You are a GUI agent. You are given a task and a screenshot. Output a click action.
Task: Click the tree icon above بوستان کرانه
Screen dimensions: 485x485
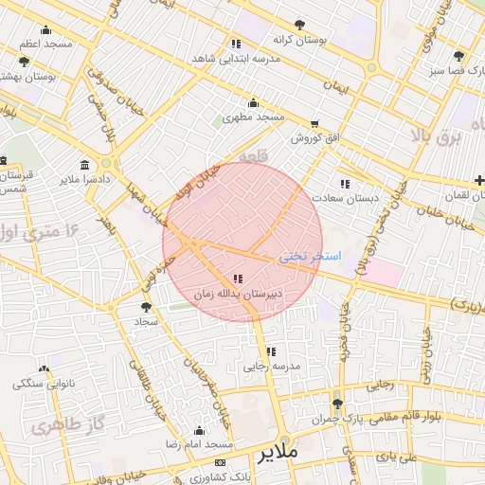[299, 26]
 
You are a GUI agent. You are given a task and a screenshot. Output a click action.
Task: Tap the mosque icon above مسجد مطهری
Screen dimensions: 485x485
[253, 103]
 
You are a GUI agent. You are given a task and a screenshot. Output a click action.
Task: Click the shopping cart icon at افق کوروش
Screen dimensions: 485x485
[314, 123]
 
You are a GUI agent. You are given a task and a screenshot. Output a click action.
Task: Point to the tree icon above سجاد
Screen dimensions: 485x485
[146, 307]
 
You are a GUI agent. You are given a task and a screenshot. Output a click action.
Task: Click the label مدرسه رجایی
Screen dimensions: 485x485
[272, 366]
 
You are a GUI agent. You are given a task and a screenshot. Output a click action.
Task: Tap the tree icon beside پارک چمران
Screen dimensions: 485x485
[337, 404]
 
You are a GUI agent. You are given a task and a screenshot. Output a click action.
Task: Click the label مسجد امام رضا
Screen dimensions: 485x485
[200, 443]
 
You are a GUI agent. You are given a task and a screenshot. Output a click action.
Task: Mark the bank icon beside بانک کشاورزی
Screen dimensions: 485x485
[221, 462]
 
